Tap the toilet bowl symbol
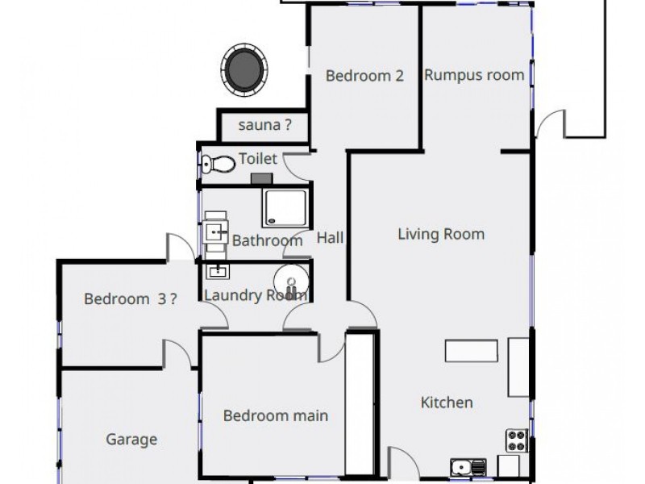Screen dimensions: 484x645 tap(218, 164)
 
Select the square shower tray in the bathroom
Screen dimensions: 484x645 tap(284, 208)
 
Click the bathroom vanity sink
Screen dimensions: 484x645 tap(216, 232)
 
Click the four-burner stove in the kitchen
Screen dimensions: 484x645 tap(516, 440)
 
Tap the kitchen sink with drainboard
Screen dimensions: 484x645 tap(468, 466)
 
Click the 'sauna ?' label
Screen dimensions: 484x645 tap(264, 125)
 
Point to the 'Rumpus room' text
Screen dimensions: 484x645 tap(474, 76)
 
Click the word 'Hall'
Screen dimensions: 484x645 tap(330, 238)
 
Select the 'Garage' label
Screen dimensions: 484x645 tap(131, 440)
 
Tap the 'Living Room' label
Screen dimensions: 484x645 tap(441, 235)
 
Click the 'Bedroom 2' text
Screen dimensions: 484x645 tap(364, 76)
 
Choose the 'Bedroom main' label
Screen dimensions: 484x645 tap(275, 416)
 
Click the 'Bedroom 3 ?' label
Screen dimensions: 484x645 tap(131, 298)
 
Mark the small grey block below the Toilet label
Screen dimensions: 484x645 tap(261, 178)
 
